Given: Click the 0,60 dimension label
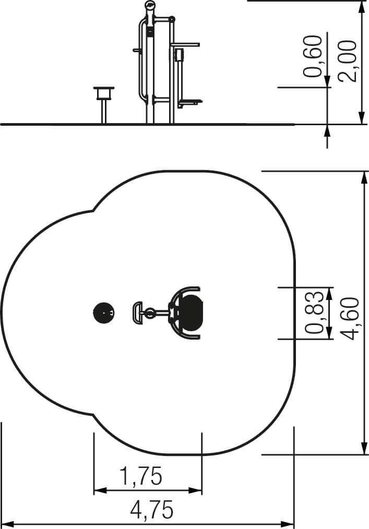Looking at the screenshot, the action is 313,56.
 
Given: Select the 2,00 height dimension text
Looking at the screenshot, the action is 348,61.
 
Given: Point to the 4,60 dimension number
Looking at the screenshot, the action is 349,318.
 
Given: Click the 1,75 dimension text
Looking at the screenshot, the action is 141,476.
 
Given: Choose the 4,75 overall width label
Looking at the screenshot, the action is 152,509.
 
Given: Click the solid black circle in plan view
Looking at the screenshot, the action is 104,312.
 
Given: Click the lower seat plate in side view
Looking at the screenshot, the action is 190,101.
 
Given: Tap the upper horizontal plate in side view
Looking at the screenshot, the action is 185,44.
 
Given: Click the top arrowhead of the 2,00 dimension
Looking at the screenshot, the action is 362,7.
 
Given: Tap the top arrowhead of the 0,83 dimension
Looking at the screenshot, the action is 330,294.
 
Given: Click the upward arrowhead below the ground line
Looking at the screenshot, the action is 327,131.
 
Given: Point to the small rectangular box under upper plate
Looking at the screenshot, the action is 179,55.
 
